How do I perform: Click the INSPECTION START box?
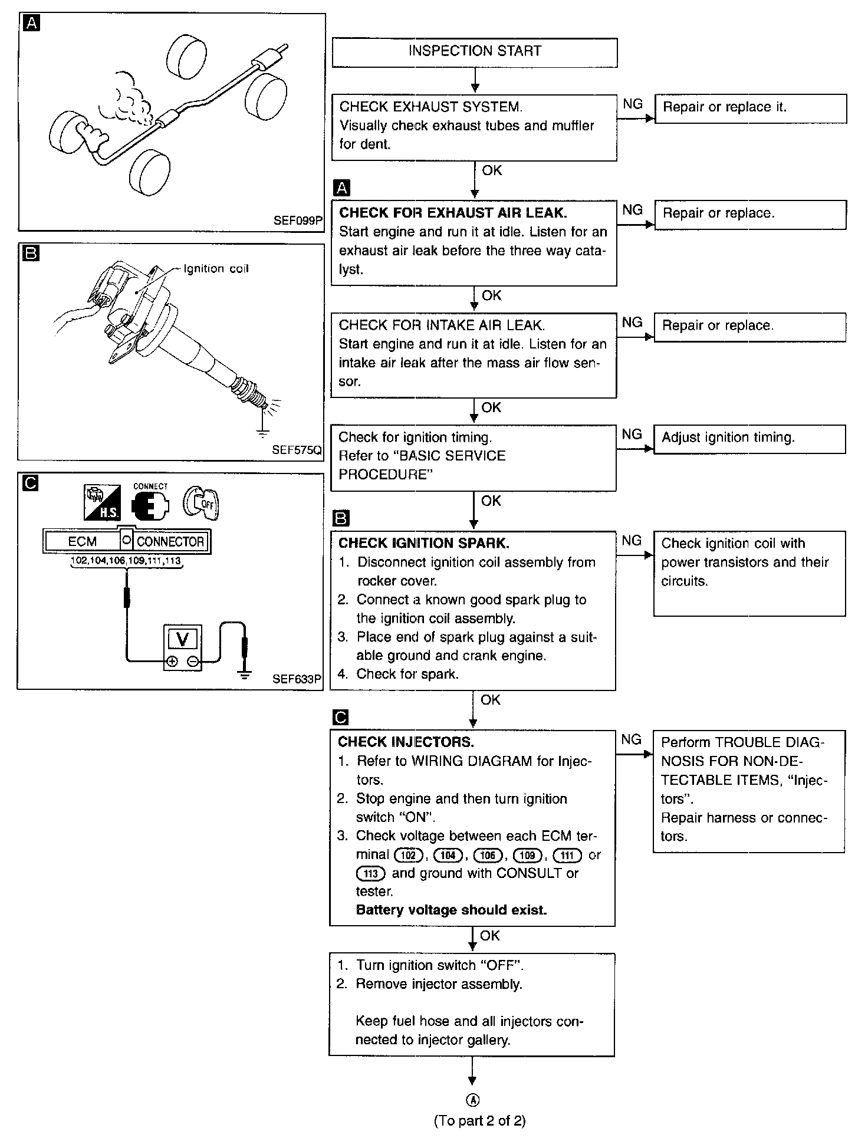click(475, 52)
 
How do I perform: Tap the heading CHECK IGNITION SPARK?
click(423, 543)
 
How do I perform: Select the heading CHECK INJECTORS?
click(406, 742)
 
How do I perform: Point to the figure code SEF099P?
click(298, 221)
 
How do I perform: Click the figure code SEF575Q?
click(297, 450)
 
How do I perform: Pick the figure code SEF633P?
click(297, 679)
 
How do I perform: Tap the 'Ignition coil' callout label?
click(216, 269)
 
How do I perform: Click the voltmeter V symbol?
click(182, 639)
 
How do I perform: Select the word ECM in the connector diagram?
click(82, 541)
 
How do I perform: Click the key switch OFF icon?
click(200, 502)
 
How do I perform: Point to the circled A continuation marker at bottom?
click(473, 1100)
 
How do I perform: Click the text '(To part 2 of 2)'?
click(479, 1120)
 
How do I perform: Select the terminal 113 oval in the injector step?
click(370, 873)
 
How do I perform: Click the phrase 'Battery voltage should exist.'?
click(451, 910)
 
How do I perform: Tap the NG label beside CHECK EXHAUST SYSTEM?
click(632, 104)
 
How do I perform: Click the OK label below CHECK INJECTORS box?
click(489, 936)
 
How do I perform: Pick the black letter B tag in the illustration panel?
click(29, 254)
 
